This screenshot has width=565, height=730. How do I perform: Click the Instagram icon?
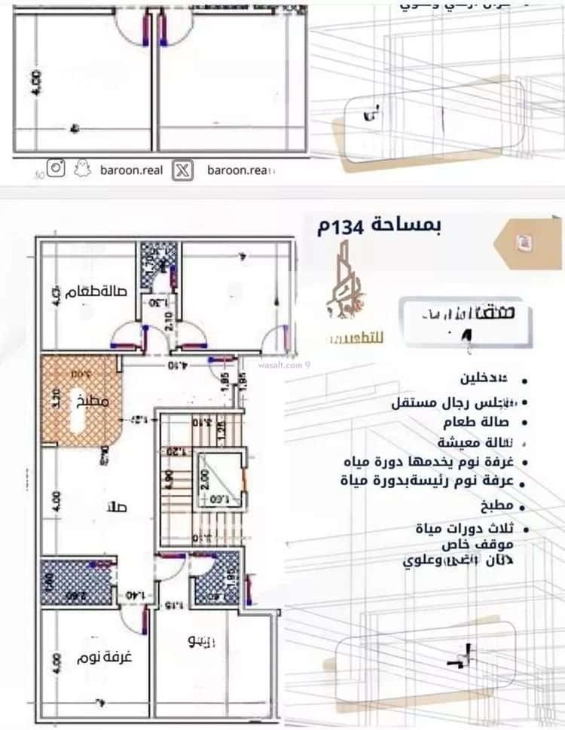pyautogui.click(x=56, y=169)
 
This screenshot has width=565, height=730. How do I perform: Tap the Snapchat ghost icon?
pyautogui.click(x=82, y=170)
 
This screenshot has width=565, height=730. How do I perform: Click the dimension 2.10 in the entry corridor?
pyautogui.click(x=169, y=322)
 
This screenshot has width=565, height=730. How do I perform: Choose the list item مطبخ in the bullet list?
pyautogui.click(x=499, y=505)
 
